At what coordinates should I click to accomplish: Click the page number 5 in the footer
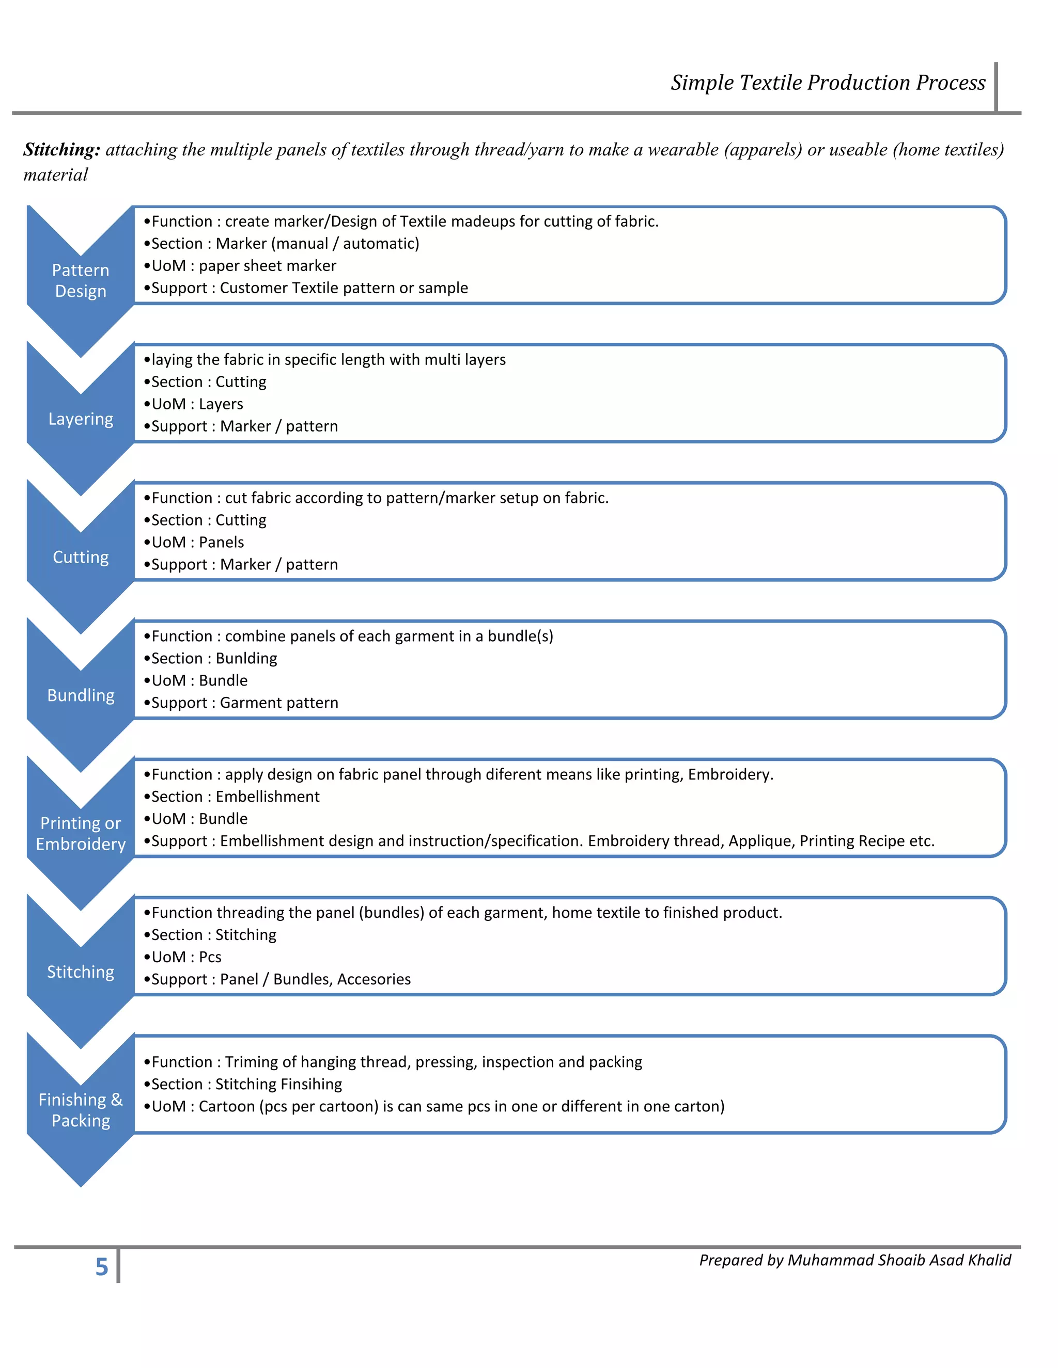point(102,1266)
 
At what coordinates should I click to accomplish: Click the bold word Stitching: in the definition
point(61,150)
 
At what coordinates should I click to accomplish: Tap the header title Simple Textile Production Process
point(828,83)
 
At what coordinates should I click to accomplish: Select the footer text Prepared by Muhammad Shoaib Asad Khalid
point(855,1260)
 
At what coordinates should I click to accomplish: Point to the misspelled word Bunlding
point(246,658)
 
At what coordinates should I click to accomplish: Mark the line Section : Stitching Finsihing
point(246,1084)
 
